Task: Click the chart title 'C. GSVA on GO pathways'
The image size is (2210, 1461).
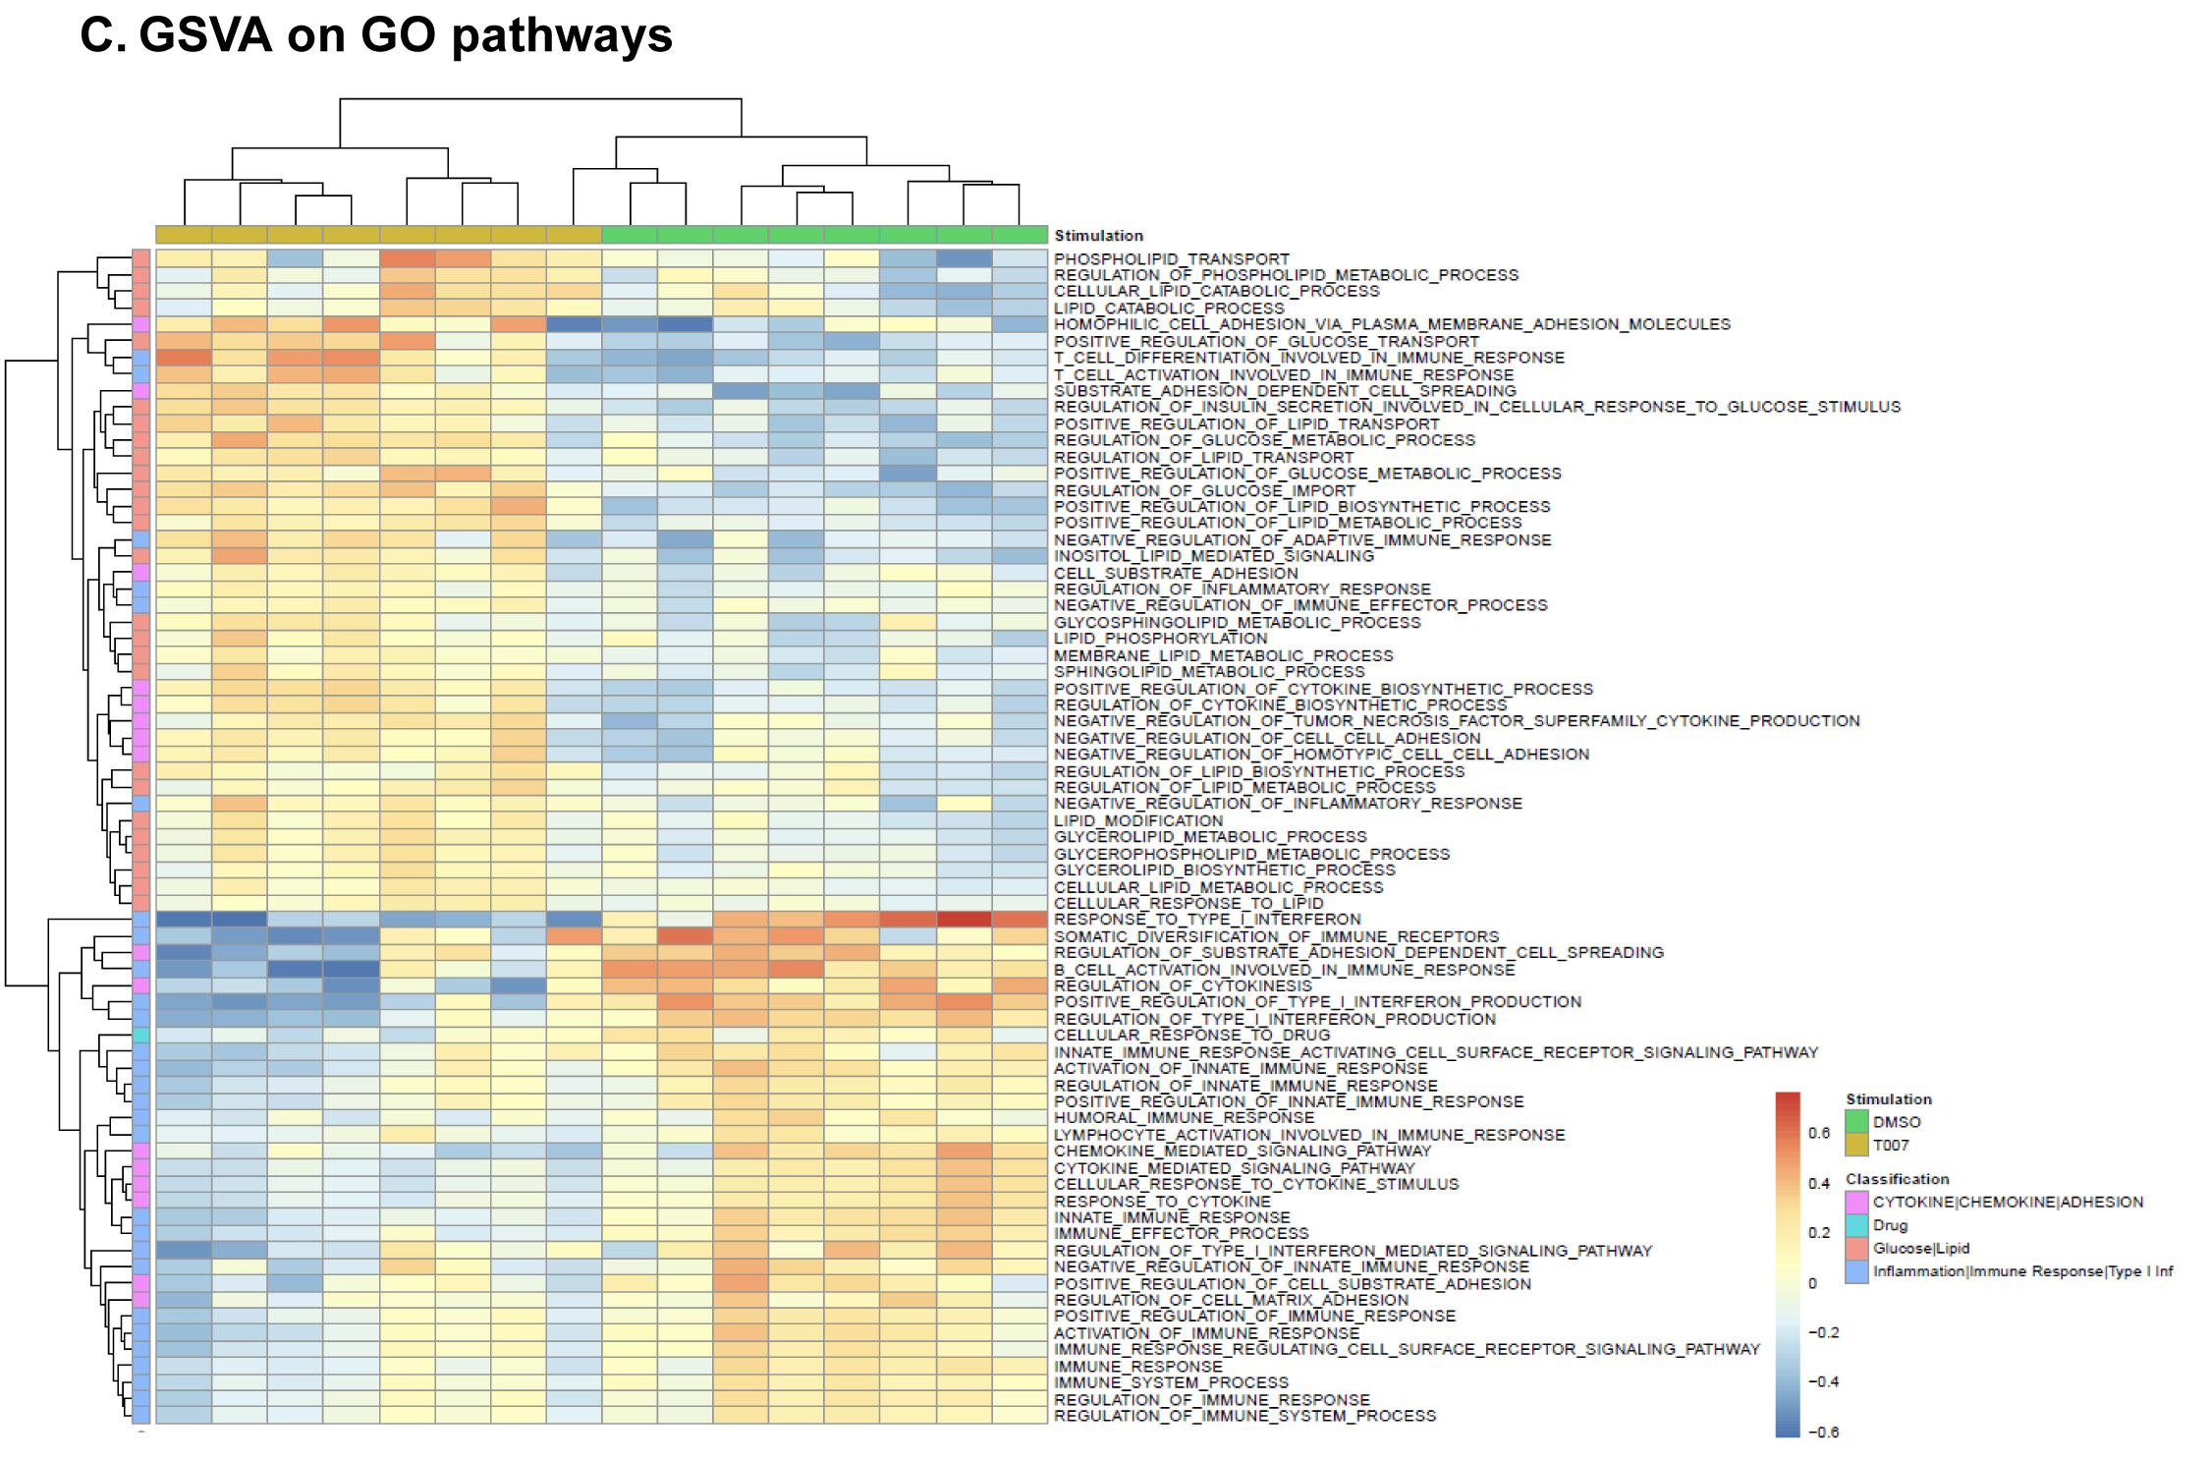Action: pos(376,35)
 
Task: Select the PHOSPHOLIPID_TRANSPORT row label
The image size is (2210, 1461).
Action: pos(1171,259)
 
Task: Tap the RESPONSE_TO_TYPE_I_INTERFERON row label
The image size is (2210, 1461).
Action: pos(1207,920)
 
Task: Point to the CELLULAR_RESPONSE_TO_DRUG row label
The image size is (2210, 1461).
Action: pos(1191,1036)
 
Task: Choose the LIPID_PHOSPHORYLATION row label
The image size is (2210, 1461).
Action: pos(1160,639)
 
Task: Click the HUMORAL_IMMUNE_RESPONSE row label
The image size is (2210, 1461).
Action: pos(1184,1118)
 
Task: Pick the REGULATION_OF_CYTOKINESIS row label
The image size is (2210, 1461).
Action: pos(1183,986)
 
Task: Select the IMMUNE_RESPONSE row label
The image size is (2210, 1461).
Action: pos(1137,1367)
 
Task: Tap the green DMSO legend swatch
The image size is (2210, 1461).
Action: pos(1856,1122)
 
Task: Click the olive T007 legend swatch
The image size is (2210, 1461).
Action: pos(1856,1146)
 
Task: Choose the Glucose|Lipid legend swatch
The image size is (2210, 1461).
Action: pos(1856,1249)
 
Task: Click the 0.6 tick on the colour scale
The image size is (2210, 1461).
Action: pos(1819,1134)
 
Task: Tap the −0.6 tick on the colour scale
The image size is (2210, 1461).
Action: pos(1823,1433)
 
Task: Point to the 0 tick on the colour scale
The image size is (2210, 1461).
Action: pos(1813,1283)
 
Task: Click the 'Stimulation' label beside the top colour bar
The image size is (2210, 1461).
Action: pos(1098,236)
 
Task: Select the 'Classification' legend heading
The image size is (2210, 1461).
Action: pos(1897,1179)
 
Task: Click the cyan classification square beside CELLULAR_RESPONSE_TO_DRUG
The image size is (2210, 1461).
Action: pos(141,1036)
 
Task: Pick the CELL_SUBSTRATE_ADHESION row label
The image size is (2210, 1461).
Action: pos(1176,573)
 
